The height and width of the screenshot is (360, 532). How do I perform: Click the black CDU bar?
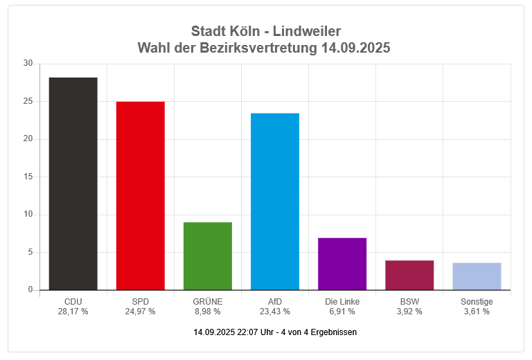(x=73, y=183)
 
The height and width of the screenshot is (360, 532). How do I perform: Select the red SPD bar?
(x=140, y=196)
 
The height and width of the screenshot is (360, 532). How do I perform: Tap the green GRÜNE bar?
(x=207, y=256)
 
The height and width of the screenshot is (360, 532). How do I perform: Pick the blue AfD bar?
(x=275, y=201)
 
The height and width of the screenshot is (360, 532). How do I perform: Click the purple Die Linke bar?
(x=342, y=264)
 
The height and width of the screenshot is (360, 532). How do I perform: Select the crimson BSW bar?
(x=409, y=275)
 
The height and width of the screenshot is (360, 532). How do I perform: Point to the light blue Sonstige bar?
(x=477, y=276)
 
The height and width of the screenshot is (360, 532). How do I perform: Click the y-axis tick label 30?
(x=28, y=64)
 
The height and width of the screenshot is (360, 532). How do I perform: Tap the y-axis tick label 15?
(x=28, y=177)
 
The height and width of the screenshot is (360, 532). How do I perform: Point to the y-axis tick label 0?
(x=30, y=290)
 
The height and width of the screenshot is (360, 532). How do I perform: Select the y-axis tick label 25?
(x=28, y=101)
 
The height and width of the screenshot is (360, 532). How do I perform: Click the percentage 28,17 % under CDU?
(x=73, y=312)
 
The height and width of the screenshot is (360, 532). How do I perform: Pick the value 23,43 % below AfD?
(x=275, y=312)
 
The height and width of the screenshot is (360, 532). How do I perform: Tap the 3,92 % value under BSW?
(x=409, y=312)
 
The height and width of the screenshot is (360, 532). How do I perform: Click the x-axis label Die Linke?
(x=342, y=302)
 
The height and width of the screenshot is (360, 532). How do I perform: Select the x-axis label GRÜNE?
(x=207, y=302)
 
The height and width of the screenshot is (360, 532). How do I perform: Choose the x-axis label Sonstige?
(x=477, y=302)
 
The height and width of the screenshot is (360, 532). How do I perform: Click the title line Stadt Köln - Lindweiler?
(x=266, y=32)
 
